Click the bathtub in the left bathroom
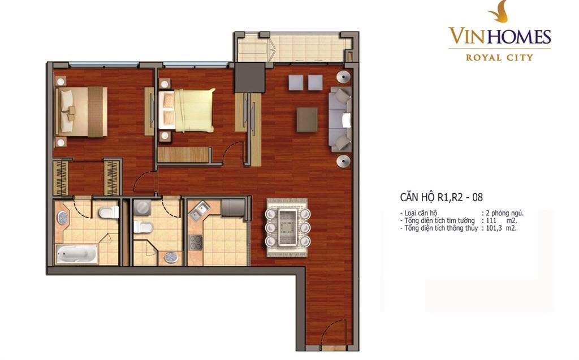[77, 254]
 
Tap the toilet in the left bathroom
[109, 212]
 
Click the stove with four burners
[196, 242]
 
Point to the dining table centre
[288, 228]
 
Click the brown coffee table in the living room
[307, 120]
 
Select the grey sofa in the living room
[340, 119]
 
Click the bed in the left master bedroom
[81, 111]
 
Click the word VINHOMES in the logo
[500, 36]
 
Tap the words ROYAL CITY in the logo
[499, 57]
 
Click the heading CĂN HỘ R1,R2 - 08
[441, 197]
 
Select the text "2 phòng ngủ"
[504, 214]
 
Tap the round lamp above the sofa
[343, 76]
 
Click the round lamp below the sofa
[343, 162]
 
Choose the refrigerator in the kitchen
[234, 208]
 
